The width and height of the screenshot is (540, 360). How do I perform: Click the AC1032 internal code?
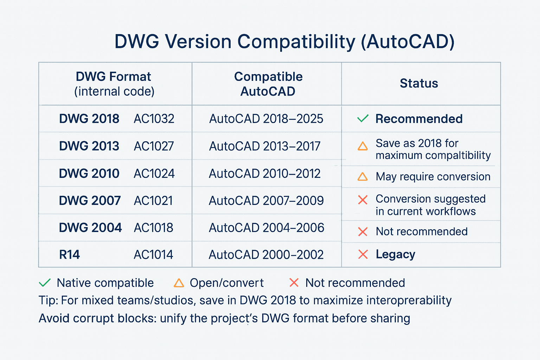[x=154, y=119]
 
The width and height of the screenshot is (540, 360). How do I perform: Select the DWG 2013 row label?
[x=89, y=146]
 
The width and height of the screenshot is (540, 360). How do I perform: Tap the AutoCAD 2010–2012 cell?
[x=264, y=173]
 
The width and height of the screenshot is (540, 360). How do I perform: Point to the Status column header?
[x=419, y=83]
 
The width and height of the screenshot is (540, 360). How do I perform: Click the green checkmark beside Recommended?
[x=363, y=118]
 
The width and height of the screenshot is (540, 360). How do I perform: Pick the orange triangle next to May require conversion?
[x=362, y=176]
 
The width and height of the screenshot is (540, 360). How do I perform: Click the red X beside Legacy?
[x=363, y=254]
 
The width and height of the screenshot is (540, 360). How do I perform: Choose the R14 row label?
[x=70, y=255]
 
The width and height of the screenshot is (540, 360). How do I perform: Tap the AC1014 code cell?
[x=153, y=255]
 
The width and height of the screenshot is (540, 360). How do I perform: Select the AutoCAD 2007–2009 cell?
[x=266, y=200]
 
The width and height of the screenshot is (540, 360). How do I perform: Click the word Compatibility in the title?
[x=296, y=41]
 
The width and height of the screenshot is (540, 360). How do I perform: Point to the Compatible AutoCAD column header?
[x=268, y=84]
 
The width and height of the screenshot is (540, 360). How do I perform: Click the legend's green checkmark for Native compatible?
[x=45, y=283]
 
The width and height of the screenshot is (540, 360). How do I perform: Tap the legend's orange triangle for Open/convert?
[x=179, y=283]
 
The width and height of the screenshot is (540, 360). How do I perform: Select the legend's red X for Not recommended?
[x=294, y=283]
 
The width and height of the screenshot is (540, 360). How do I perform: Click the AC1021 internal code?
[x=153, y=200]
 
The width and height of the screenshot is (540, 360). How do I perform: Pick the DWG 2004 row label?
[x=90, y=227]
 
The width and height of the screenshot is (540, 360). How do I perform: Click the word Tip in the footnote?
[x=48, y=300]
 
